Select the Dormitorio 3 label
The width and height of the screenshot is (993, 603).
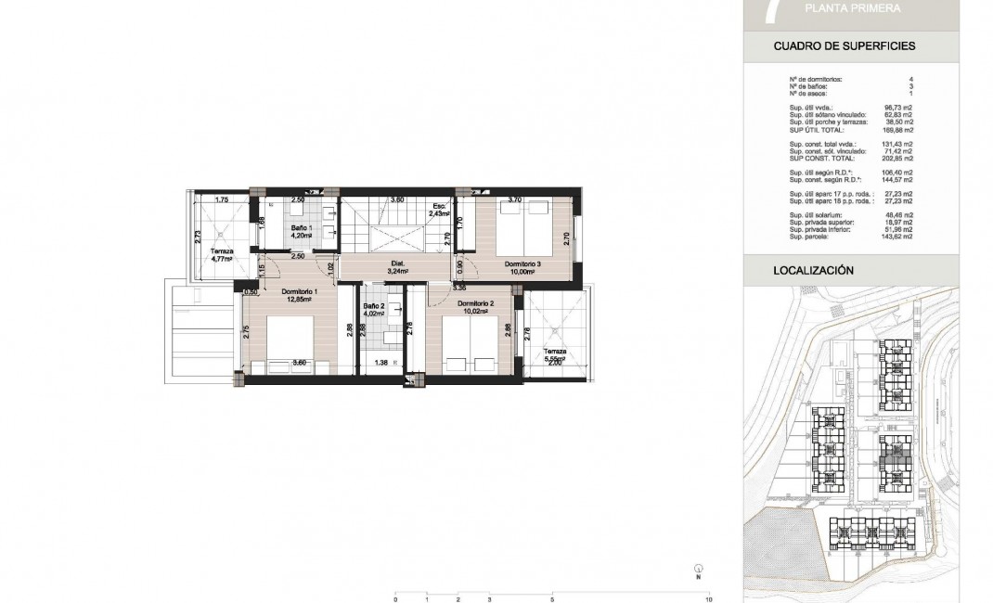click(522, 264)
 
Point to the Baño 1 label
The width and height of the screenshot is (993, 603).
click(300, 227)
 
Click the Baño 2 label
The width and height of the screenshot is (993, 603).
click(372, 306)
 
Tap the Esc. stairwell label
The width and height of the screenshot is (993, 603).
click(439, 206)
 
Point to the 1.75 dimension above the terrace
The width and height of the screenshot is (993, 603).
click(222, 200)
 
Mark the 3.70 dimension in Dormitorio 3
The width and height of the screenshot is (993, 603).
click(516, 199)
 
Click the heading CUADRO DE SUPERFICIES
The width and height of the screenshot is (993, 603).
click(845, 45)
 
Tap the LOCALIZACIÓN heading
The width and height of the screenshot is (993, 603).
click(812, 271)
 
